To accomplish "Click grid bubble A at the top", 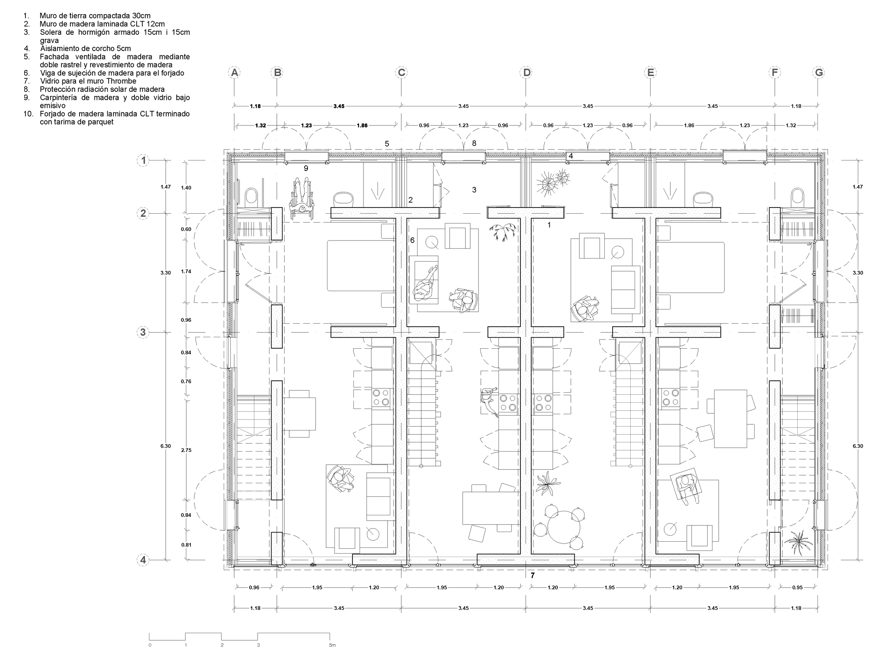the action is tap(235, 72).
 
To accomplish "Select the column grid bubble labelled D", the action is tap(526, 72).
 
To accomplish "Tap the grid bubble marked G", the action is tap(819, 72).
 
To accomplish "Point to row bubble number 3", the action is tap(143, 332).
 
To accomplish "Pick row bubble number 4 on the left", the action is tap(143, 560).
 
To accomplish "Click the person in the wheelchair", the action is tap(301, 198).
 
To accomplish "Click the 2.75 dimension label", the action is tap(186, 450).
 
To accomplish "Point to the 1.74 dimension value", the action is tap(186, 271).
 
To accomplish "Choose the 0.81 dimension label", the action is tap(186, 545).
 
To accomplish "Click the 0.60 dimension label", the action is tap(186, 229).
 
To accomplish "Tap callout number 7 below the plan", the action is tap(533, 575).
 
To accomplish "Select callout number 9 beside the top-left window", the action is tap(306, 168).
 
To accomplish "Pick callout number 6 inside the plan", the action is tap(412, 240).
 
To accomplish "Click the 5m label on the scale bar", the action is tap(332, 645).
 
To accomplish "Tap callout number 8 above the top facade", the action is tap(474, 143).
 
